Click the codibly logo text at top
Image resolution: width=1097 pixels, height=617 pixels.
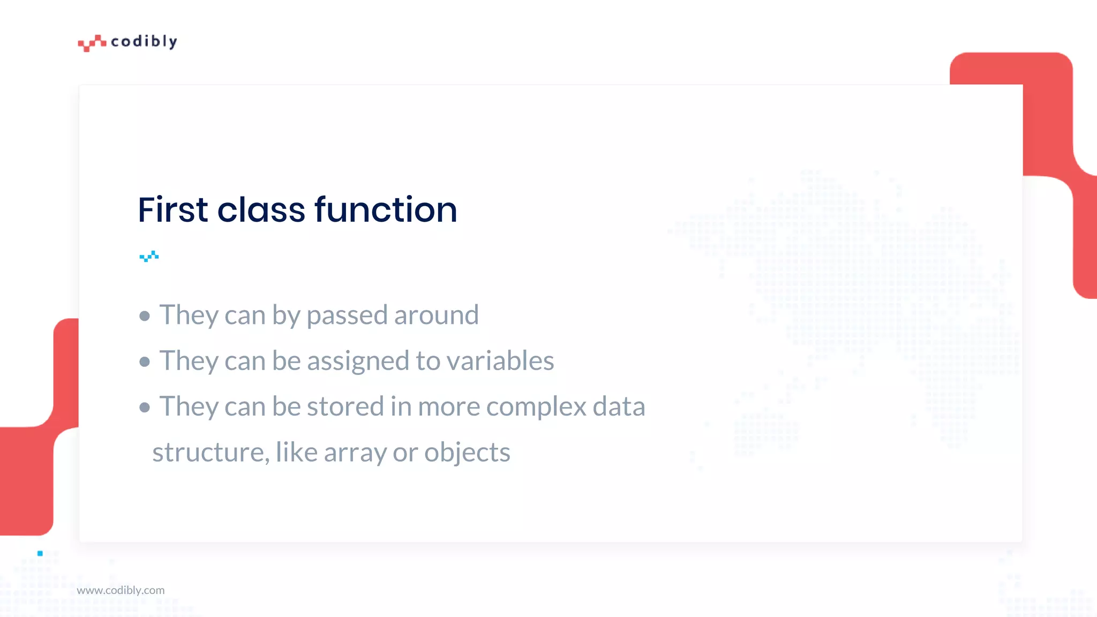(144, 42)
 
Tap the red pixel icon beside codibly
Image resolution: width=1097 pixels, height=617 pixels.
(92, 43)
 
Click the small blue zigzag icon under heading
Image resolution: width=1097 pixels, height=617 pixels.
(149, 257)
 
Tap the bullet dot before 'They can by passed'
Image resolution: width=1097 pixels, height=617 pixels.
(144, 316)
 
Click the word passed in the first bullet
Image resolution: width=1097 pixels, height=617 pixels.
(347, 315)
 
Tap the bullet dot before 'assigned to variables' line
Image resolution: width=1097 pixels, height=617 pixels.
(144, 362)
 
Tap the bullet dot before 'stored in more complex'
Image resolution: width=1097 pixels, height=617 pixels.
(144, 408)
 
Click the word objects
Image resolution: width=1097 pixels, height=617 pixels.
(467, 453)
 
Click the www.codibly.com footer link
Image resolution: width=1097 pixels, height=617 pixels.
(121, 590)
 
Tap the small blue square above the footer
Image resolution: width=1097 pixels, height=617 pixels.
(40, 553)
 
